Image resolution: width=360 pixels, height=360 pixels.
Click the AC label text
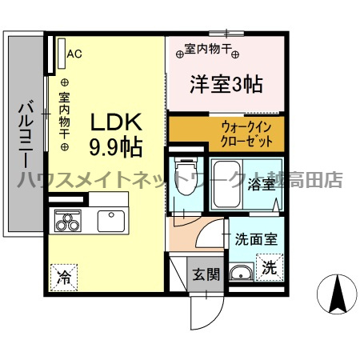[74, 54]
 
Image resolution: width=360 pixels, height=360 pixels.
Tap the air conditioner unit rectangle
[62, 54]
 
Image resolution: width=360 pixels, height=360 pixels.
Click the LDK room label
[116, 122]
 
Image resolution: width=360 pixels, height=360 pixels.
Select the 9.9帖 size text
[115, 147]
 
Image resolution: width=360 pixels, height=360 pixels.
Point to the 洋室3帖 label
[226, 84]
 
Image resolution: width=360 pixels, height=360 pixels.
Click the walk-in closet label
[246, 134]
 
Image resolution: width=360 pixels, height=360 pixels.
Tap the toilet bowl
[186, 176]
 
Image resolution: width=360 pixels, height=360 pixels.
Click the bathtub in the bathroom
[227, 184]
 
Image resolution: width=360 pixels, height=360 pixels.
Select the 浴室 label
[262, 184]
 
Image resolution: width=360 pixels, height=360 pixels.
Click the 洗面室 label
[256, 238]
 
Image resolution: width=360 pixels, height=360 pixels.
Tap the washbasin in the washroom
[241, 273]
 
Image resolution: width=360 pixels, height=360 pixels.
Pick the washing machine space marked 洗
[270, 267]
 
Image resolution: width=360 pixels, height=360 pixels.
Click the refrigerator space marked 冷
[64, 278]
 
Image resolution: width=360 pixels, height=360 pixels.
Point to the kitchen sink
[111, 222]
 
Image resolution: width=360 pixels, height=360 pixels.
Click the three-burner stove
[68, 221]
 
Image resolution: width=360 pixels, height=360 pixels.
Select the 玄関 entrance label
[206, 274]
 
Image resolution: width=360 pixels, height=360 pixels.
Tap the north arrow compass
[337, 294]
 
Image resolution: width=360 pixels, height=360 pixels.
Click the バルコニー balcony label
[26, 136]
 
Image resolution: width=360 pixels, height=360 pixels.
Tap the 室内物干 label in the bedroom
[207, 49]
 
